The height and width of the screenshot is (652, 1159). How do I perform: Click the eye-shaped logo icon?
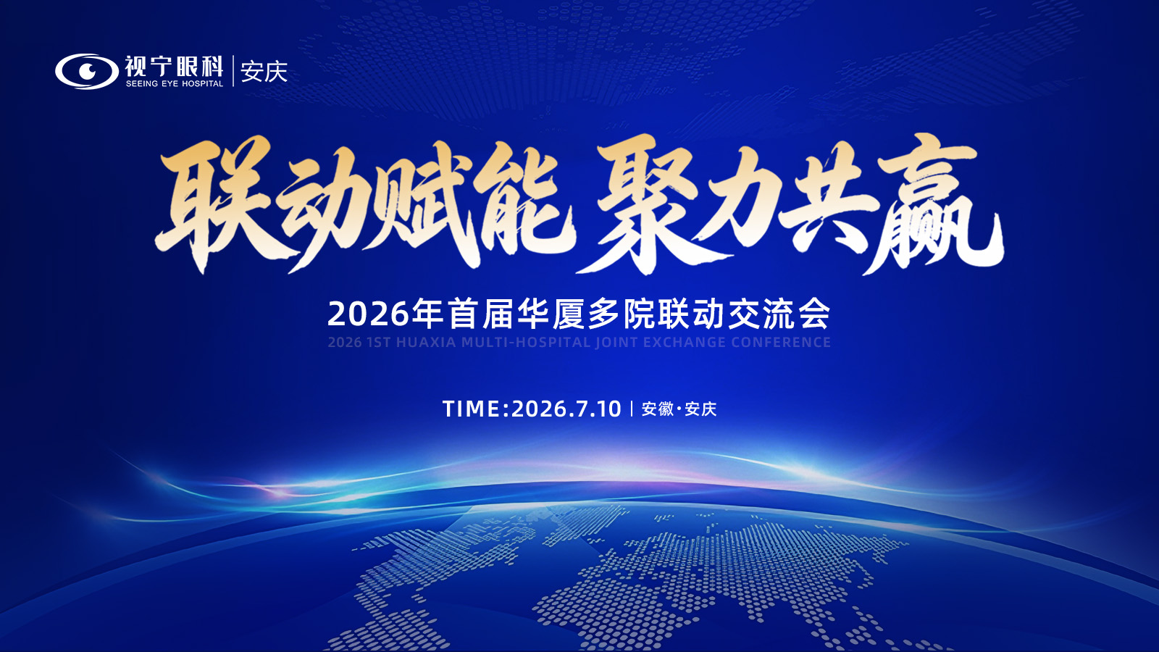pyautogui.click(x=87, y=72)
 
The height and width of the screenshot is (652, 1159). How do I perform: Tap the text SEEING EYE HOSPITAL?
pyautogui.click(x=175, y=84)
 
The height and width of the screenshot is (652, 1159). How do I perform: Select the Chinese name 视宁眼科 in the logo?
pyautogui.click(x=174, y=66)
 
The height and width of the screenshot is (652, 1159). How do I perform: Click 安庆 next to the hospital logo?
pyautogui.click(x=264, y=72)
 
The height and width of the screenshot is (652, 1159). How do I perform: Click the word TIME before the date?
pyautogui.click(x=472, y=409)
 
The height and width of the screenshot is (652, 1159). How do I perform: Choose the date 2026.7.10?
pyautogui.click(x=566, y=409)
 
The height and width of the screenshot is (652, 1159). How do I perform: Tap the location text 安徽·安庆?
pyautogui.click(x=679, y=409)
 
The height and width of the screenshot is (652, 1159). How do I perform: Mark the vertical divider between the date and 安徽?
pyautogui.click(x=632, y=409)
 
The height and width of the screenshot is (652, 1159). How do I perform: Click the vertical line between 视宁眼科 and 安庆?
pyautogui.click(x=233, y=71)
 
